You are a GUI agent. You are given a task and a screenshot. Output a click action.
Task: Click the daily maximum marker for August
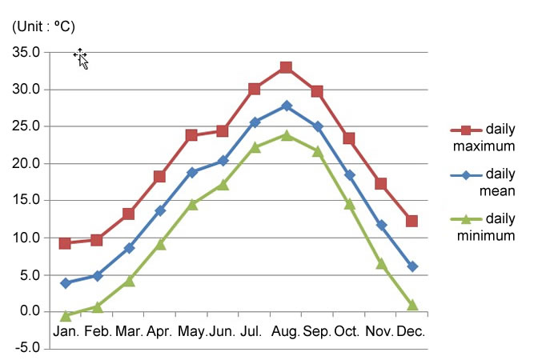point(286,68)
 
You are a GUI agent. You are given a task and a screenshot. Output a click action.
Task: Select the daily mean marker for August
point(286,106)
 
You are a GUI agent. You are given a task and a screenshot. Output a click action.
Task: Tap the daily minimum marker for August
point(286,135)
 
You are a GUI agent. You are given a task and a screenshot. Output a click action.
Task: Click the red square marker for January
point(66,243)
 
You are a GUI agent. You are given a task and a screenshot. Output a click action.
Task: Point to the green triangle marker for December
point(412,305)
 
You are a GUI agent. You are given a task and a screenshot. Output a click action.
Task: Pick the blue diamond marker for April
point(160,210)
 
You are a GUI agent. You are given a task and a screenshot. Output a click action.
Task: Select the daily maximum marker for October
point(349,138)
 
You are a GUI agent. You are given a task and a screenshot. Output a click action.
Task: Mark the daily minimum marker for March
point(129,281)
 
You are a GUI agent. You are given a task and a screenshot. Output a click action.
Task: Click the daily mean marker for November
point(381,226)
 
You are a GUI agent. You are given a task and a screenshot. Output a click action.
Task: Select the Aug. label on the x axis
point(286,331)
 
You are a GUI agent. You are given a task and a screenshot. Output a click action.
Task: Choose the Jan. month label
point(66,331)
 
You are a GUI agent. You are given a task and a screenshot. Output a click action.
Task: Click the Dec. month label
point(412,331)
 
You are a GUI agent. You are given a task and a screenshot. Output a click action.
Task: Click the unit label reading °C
point(44,27)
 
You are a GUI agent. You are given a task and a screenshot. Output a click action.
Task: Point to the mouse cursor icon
point(81,58)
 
